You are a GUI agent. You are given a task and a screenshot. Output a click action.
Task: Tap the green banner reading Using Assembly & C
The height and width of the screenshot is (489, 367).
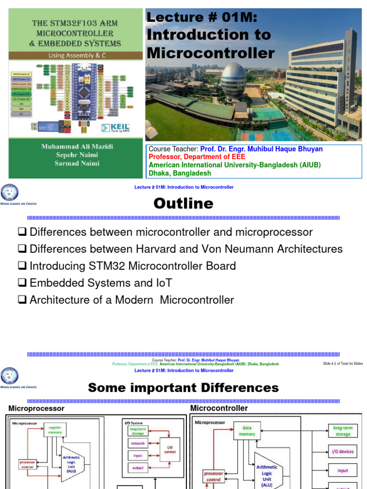pos(73,55)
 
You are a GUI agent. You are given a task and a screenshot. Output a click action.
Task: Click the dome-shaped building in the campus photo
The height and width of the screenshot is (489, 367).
pos(234,79)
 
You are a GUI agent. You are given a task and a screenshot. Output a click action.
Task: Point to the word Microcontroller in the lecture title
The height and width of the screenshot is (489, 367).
pos(211,53)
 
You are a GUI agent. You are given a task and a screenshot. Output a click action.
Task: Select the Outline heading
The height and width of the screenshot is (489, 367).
pos(183,204)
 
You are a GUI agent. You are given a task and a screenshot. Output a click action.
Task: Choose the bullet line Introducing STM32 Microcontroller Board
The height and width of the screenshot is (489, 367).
pos(132,266)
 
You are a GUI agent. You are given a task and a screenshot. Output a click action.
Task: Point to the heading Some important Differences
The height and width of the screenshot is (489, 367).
pos(183,387)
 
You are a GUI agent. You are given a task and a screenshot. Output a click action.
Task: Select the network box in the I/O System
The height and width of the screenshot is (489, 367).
pos(137,444)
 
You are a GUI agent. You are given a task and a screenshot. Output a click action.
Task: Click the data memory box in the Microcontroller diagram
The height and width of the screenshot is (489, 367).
pos(247,431)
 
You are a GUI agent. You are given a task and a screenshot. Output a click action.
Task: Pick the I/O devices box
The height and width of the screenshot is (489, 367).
pos(343,451)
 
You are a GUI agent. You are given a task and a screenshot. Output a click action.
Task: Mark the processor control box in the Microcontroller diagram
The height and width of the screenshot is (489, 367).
pos(213,477)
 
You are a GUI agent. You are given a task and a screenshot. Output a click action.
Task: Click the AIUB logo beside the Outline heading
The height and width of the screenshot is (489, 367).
pos(12,194)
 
